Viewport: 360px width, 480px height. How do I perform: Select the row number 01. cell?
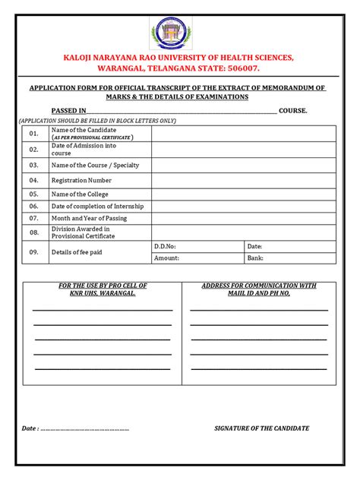[33, 134]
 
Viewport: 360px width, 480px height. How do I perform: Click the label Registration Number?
[81, 181]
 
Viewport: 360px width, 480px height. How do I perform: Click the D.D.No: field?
[197, 246]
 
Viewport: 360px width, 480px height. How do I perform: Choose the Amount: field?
[197, 258]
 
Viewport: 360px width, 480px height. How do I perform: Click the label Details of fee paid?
[77, 252]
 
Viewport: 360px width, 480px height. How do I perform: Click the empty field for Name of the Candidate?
[242, 134]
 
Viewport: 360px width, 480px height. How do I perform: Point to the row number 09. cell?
[33, 252]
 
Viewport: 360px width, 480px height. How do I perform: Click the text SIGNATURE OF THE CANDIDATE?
[262, 428]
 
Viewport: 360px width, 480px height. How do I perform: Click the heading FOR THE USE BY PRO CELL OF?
[103, 286]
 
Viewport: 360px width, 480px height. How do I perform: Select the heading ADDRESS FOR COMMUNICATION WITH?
[259, 286]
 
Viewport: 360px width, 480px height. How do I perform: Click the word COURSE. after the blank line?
[293, 111]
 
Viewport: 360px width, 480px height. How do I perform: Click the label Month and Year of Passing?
[89, 219]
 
